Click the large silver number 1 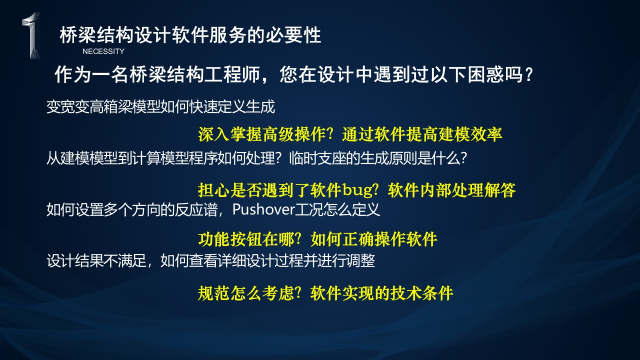coord(32,35)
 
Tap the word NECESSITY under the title coord(103,51)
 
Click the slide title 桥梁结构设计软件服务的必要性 coord(190,35)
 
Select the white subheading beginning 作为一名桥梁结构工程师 coord(293,74)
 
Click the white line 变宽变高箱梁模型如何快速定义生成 coord(160,107)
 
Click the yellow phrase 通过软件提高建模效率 coord(422,134)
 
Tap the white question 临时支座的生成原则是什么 coord(378,158)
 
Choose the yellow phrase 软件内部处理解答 coord(451,190)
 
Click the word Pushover coord(263,209)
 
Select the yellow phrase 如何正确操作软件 coord(374,239)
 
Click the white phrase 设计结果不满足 coord(96,260)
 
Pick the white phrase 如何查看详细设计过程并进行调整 coord(267,260)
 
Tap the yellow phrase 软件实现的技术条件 coord(381,293)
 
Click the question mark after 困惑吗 coord(529,75)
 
